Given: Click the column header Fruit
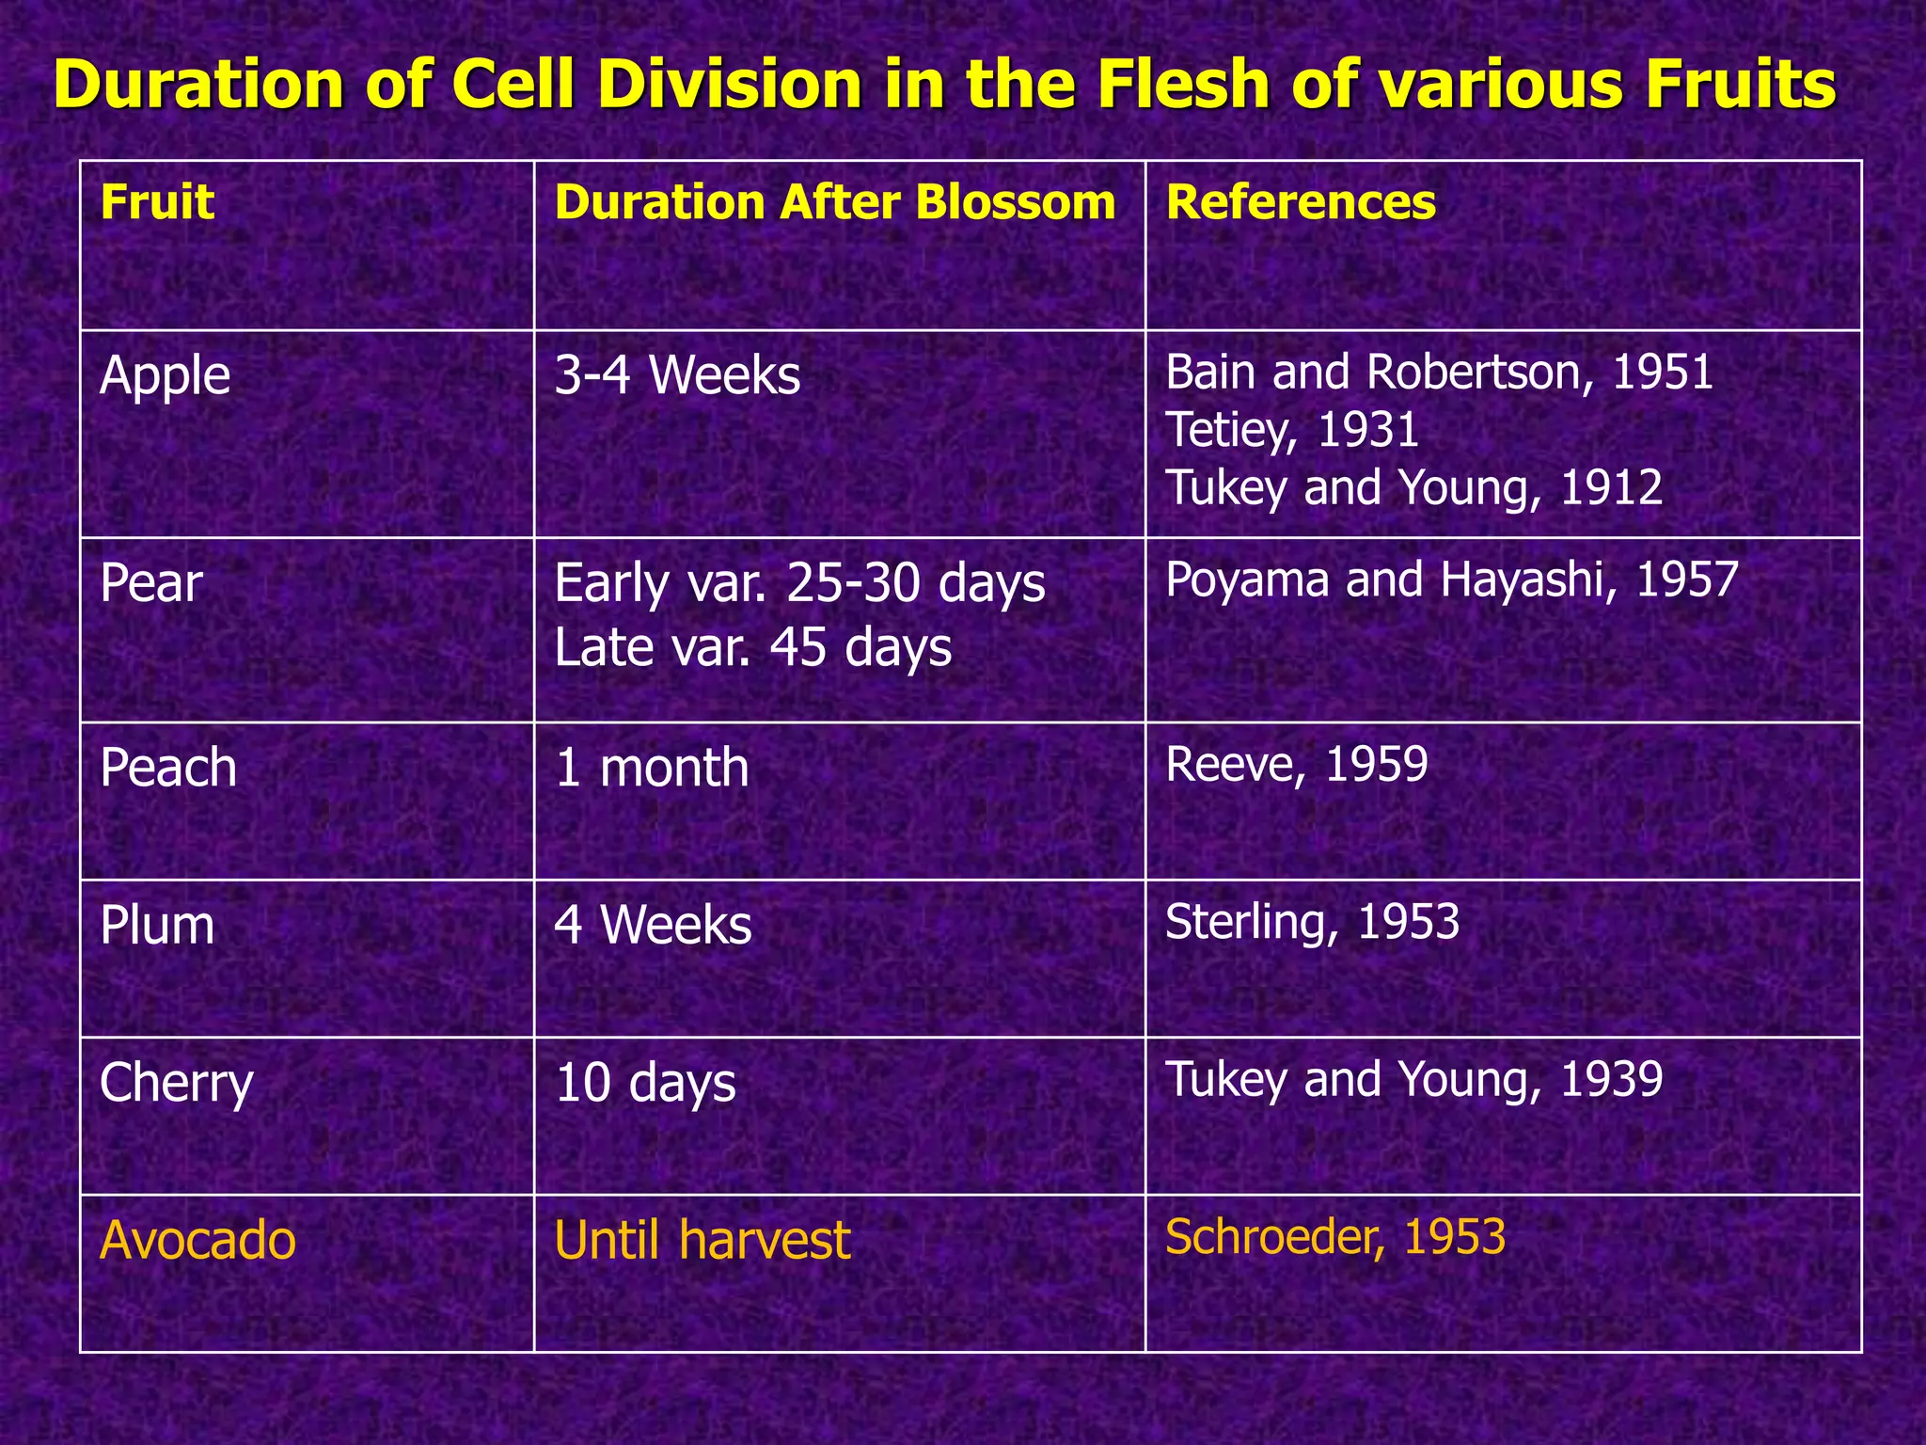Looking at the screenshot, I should (157, 202).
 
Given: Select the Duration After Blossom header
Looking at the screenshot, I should (834, 202).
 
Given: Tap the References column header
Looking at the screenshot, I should (1301, 202).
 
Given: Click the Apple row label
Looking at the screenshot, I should (165, 375).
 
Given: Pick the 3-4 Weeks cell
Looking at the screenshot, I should (677, 375).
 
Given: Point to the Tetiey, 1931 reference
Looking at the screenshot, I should (1291, 430).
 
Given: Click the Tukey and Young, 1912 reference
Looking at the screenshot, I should (1413, 487).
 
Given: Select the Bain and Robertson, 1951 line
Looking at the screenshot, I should (1439, 373).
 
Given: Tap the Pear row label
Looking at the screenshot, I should (150, 583).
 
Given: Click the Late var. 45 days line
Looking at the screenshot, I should (752, 647).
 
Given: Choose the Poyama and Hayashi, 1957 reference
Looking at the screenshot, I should (1451, 580).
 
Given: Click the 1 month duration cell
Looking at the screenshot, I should (651, 768).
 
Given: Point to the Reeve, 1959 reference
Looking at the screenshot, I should (1296, 764).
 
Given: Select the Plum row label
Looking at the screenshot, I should (157, 926).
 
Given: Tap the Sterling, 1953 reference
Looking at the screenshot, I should (1312, 922).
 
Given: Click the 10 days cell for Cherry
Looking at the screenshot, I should (645, 1083).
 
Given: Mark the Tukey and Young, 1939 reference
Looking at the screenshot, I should (1413, 1079).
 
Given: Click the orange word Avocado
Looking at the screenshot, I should (197, 1240).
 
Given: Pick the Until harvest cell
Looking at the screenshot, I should (702, 1240).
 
